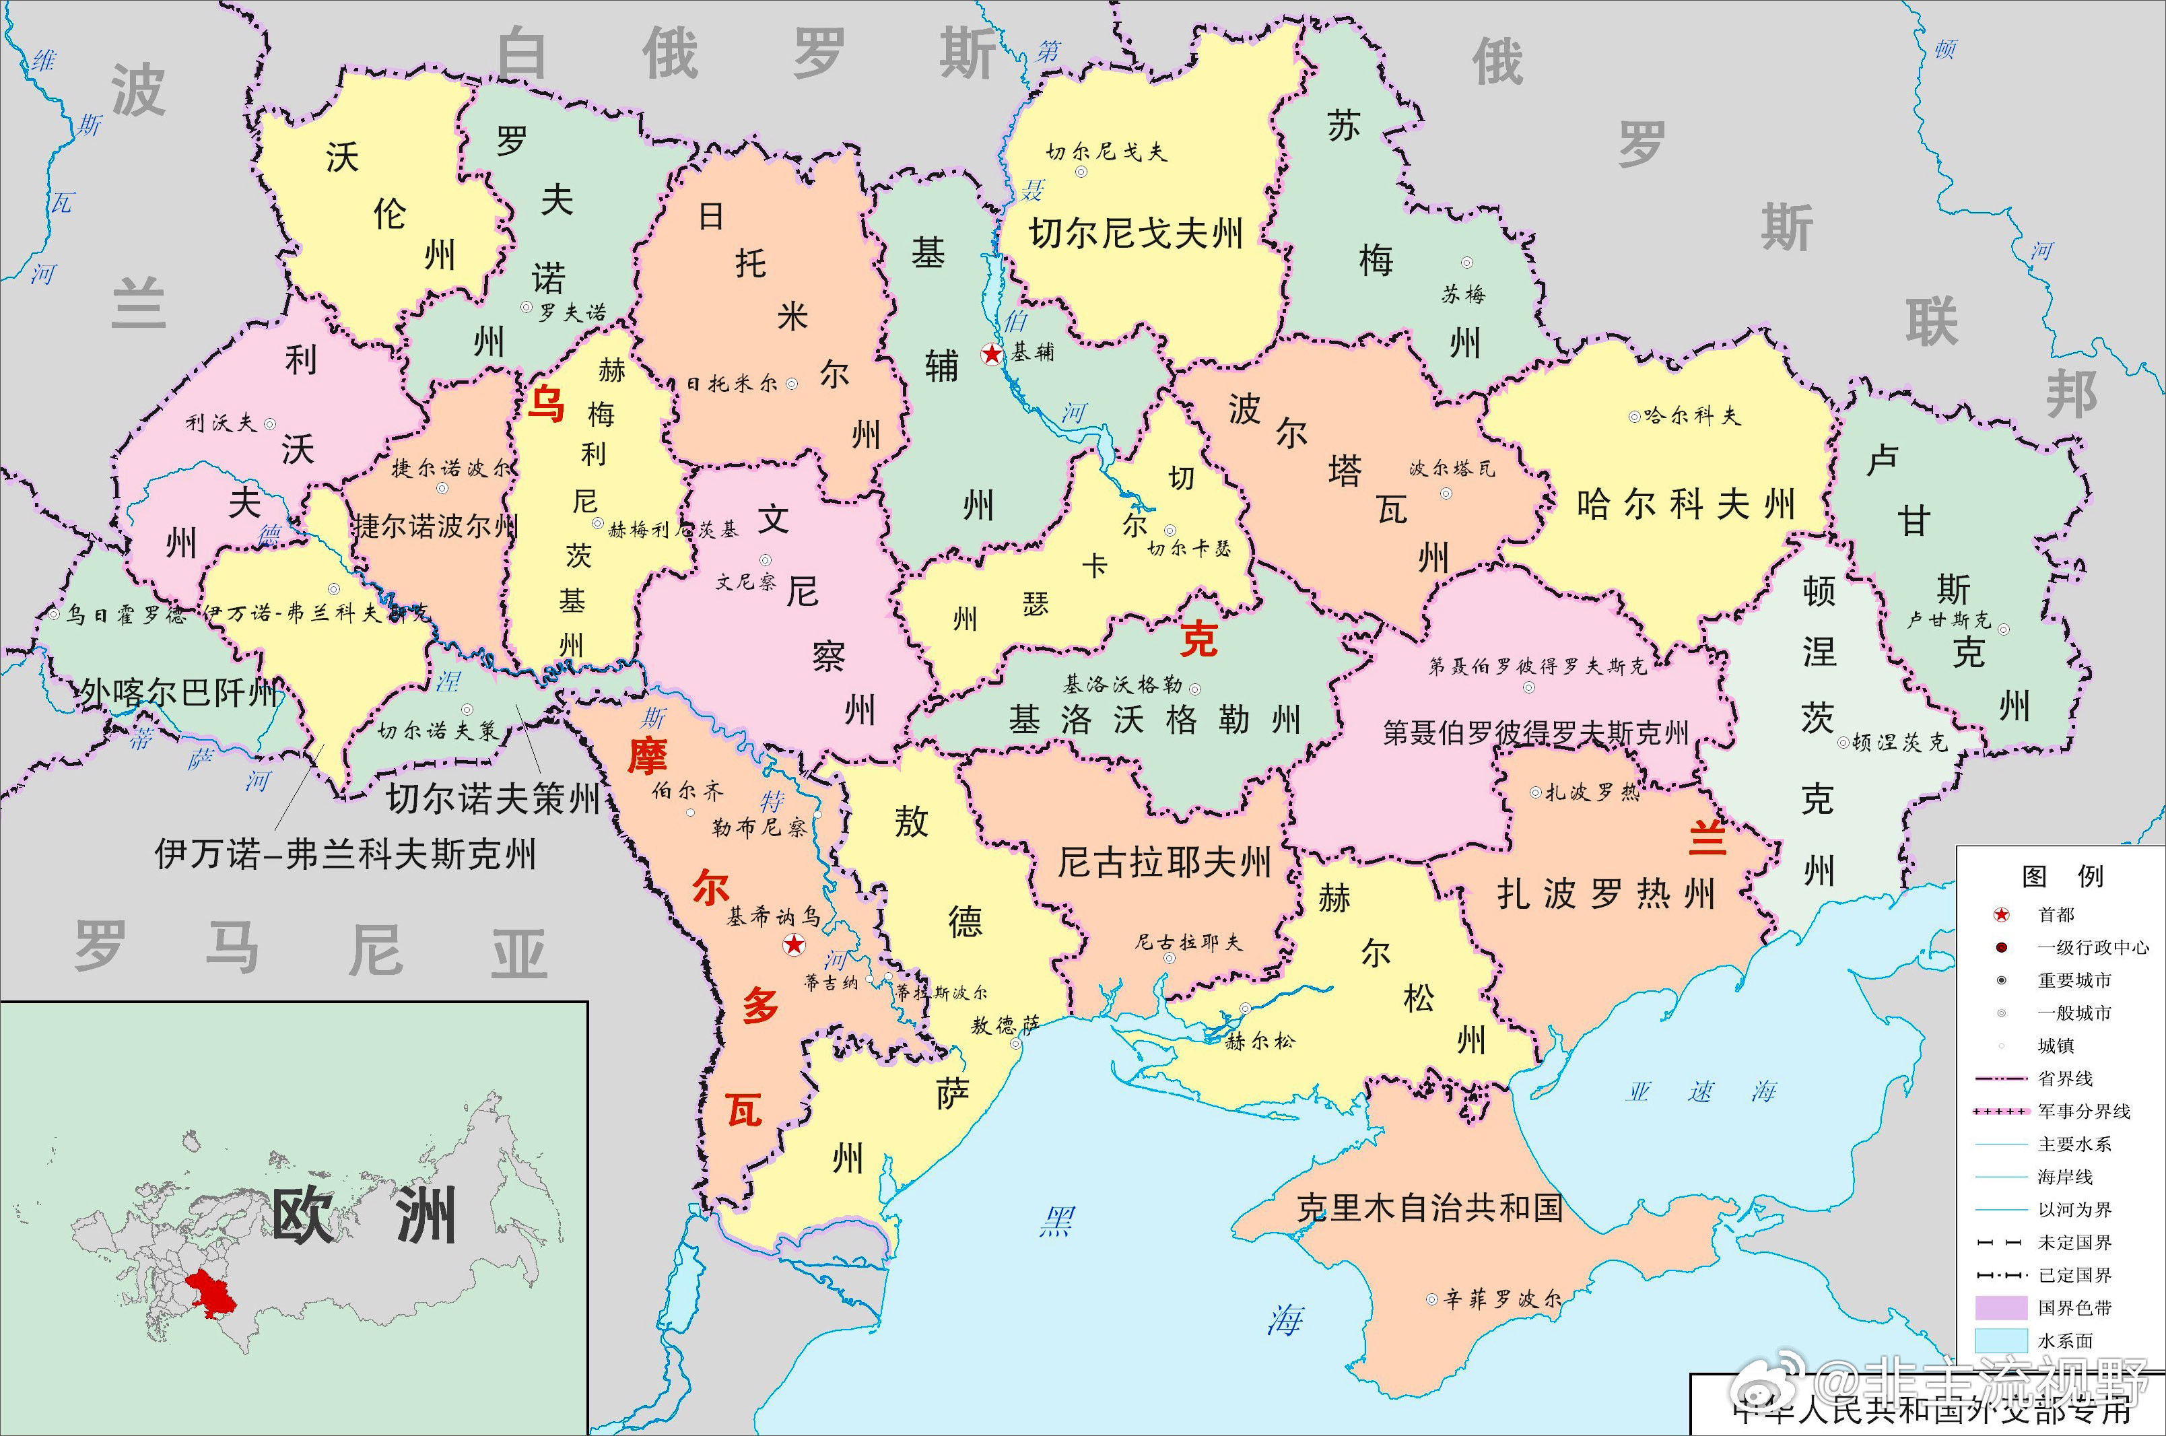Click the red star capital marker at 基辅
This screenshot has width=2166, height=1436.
(x=991, y=354)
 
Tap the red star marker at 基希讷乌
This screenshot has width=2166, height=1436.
(x=794, y=945)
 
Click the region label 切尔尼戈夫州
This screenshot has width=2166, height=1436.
(x=1136, y=234)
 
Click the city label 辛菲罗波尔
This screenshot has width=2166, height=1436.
(x=1502, y=1299)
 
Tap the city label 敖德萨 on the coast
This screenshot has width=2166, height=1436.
(x=1005, y=1026)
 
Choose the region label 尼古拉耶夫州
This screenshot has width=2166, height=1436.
(x=1164, y=862)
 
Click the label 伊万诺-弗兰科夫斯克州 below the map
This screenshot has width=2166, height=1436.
(x=345, y=854)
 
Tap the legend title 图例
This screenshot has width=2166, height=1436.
(x=2062, y=877)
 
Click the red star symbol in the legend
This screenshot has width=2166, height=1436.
(x=2002, y=915)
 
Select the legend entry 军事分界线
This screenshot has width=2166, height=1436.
(x=2084, y=1111)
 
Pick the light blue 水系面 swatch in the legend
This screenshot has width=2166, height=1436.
(x=2000, y=1340)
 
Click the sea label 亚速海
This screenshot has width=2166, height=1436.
(x=1701, y=1092)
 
